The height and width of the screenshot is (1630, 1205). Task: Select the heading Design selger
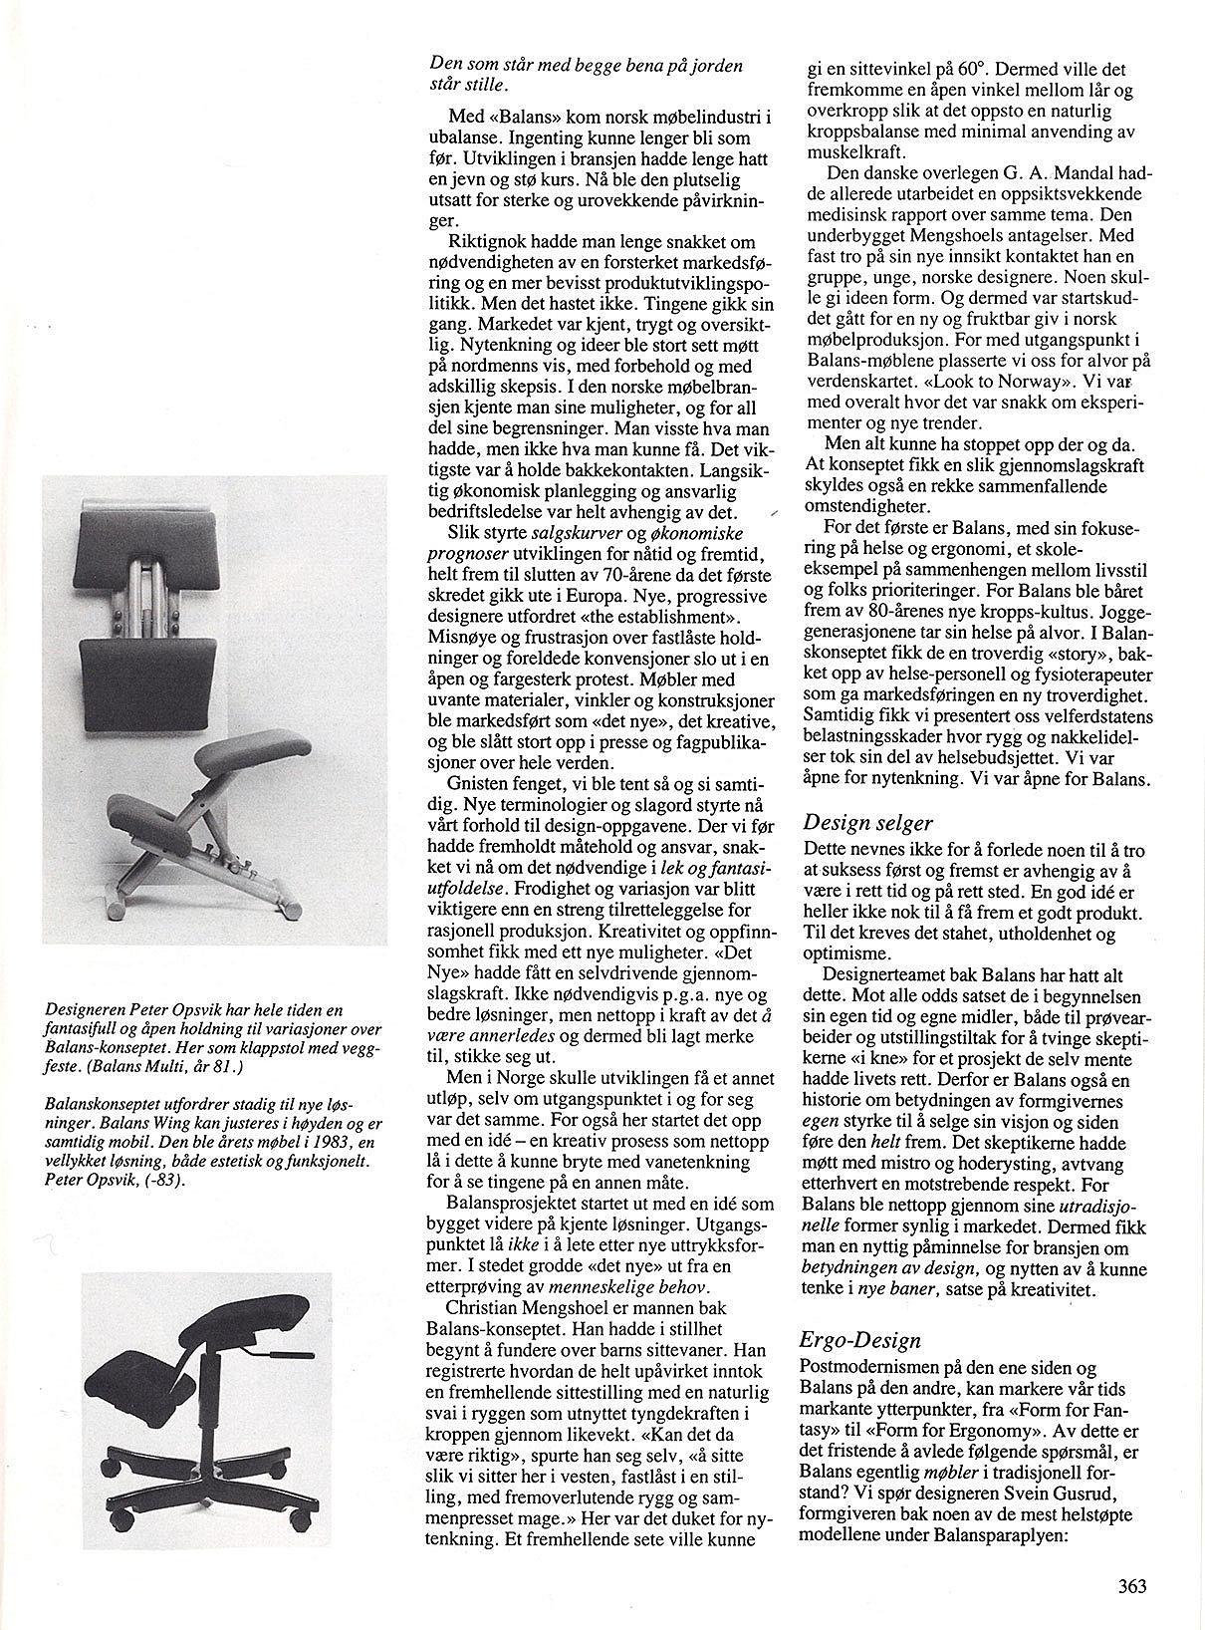click(x=867, y=823)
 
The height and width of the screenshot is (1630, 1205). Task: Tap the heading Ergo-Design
click(x=862, y=1339)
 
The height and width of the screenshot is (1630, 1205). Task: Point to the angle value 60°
click(x=965, y=70)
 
